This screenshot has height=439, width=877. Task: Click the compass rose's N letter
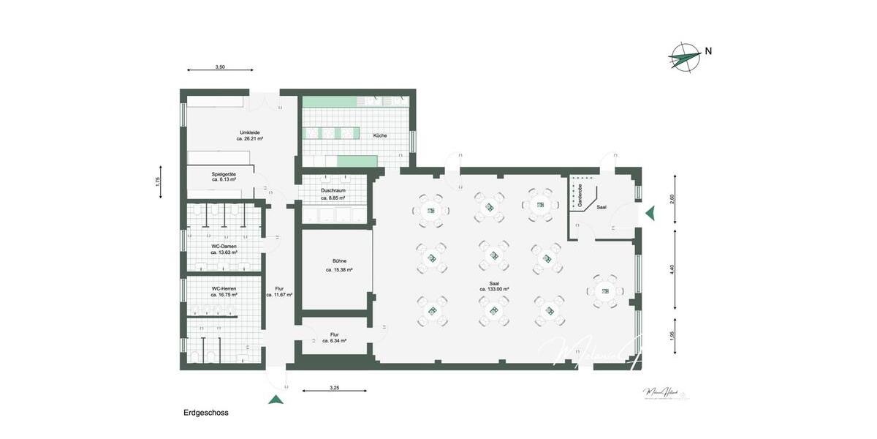click(x=708, y=51)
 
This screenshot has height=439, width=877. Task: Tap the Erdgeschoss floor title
click(x=205, y=413)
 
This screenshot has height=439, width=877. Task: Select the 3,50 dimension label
click(x=220, y=67)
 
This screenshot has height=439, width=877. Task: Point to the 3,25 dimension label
click(x=334, y=388)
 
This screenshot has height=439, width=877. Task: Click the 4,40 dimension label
click(x=672, y=269)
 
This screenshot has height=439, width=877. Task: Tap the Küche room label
click(x=380, y=135)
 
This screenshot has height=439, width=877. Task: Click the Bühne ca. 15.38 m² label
click(x=339, y=265)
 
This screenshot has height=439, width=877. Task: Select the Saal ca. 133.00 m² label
click(x=494, y=285)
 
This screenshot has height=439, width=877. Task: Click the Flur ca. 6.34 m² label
click(x=333, y=337)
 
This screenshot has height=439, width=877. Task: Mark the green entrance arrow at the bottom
click(x=276, y=399)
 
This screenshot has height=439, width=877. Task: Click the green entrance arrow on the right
click(x=650, y=214)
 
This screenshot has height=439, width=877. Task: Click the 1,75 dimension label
click(x=158, y=182)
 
